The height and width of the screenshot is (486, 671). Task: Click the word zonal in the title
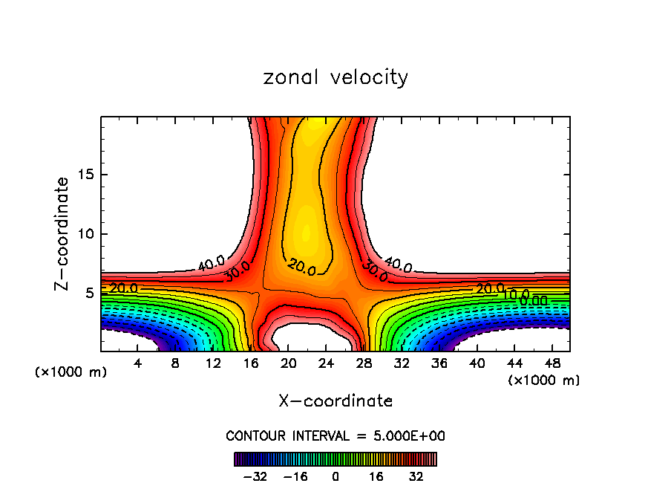[292, 77]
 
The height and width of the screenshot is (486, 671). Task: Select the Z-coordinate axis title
[63, 233]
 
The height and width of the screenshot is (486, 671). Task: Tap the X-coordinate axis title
[335, 401]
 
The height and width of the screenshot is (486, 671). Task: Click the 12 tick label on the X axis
[213, 363]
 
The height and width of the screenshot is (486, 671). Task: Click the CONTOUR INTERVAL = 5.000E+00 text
[335, 435]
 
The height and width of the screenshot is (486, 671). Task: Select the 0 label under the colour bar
[335, 476]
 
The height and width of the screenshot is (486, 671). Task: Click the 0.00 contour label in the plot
[534, 301]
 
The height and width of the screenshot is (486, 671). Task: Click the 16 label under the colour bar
[376, 476]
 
